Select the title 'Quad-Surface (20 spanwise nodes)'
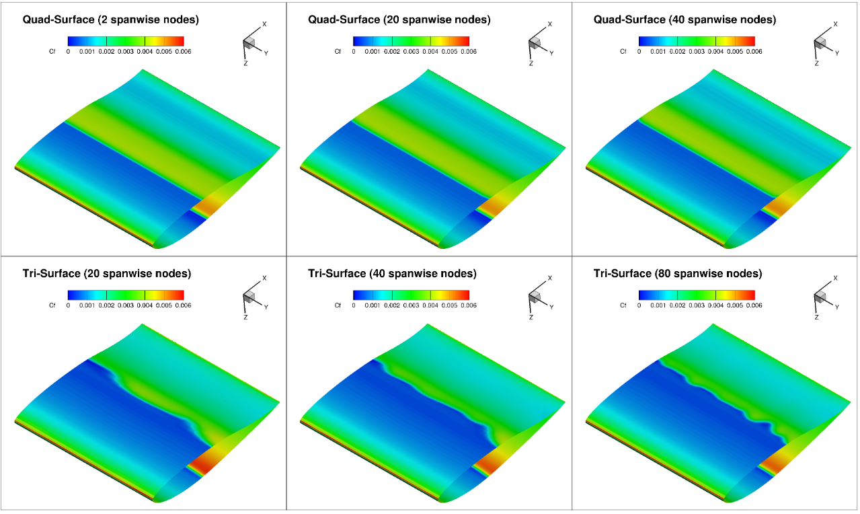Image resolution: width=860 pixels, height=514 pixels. (x=399, y=20)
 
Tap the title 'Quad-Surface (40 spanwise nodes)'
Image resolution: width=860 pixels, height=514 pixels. (x=685, y=20)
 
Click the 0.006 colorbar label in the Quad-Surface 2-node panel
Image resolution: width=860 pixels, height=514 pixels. (x=183, y=51)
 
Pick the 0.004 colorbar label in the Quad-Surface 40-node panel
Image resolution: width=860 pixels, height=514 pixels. (x=715, y=51)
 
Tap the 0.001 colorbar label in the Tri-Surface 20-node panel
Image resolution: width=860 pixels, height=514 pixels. (x=87, y=305)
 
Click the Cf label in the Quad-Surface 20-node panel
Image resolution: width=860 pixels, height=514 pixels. (x=338, y=51)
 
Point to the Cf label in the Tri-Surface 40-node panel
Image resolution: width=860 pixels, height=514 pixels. (x=338, y=305)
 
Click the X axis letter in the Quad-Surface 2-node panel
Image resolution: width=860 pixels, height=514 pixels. (x=264, y=24)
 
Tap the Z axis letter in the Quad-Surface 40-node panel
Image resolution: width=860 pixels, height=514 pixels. (x=816, y=63)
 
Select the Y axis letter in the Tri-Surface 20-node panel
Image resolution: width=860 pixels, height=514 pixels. (x=266, y=307)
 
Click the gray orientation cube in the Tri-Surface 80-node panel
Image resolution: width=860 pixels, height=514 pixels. (x=820, y=297)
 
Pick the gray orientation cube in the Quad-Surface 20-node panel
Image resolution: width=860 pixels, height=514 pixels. (x=535, y=43)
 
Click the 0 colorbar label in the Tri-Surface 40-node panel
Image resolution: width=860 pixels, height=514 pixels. (x=354, y=305)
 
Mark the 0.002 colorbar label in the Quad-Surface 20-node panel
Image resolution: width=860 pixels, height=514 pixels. (x=392, y=51)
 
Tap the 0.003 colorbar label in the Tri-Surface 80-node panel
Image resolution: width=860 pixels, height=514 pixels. (x=696, y=305)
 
